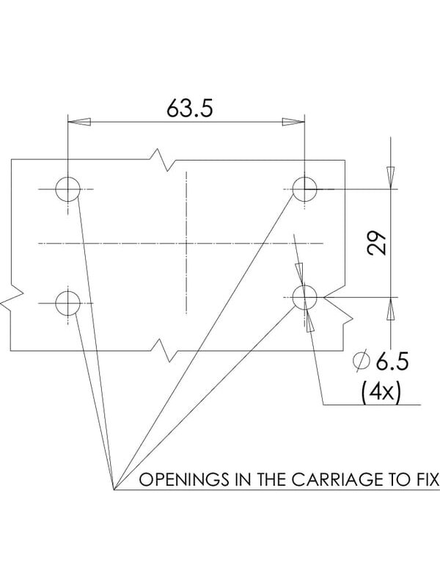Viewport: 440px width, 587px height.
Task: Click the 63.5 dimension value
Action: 190,108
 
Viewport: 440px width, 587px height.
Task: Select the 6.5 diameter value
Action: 392,362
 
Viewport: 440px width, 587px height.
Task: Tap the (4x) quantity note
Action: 381,392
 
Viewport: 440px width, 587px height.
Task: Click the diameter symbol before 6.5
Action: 362,361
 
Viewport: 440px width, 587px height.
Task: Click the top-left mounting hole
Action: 67,189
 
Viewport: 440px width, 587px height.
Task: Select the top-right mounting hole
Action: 304,189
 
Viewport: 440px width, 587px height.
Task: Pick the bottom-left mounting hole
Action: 67,303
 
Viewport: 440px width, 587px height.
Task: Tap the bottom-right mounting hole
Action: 304,298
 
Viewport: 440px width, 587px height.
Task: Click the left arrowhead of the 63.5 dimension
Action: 79,122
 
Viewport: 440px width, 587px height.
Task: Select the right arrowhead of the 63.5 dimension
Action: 293,122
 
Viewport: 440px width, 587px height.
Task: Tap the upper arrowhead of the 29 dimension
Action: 391,178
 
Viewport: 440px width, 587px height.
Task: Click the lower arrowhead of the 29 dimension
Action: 391,309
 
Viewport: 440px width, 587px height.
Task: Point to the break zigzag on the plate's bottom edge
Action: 164,351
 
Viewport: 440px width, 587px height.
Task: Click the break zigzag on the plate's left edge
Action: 11,298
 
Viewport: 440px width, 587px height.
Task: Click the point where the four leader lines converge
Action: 114,489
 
